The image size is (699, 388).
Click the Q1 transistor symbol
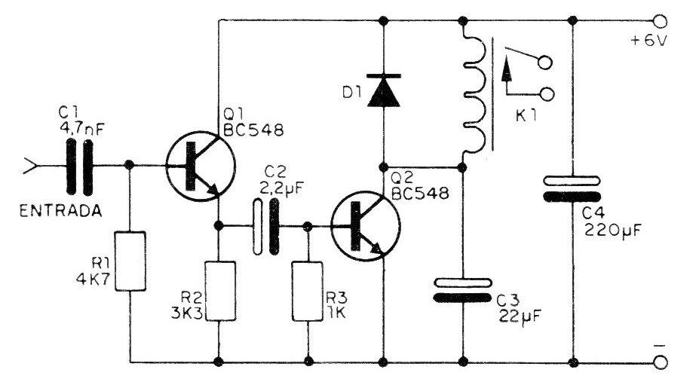200,166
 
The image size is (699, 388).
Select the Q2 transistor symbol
366,226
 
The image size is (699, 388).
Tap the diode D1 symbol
384,90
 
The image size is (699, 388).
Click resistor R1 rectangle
130,261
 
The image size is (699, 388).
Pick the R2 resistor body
219,291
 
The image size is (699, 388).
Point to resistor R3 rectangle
308,291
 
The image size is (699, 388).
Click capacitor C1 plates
80,167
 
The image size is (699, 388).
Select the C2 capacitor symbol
265,227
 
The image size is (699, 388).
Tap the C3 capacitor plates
463,290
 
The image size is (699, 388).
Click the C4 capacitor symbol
572,189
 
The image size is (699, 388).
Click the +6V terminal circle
660,21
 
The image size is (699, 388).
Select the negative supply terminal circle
660,362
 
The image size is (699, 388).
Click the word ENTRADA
61,211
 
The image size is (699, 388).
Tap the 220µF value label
612,231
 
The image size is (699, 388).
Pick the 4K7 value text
93,280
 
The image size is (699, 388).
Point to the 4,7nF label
82,129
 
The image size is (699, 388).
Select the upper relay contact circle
544,63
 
